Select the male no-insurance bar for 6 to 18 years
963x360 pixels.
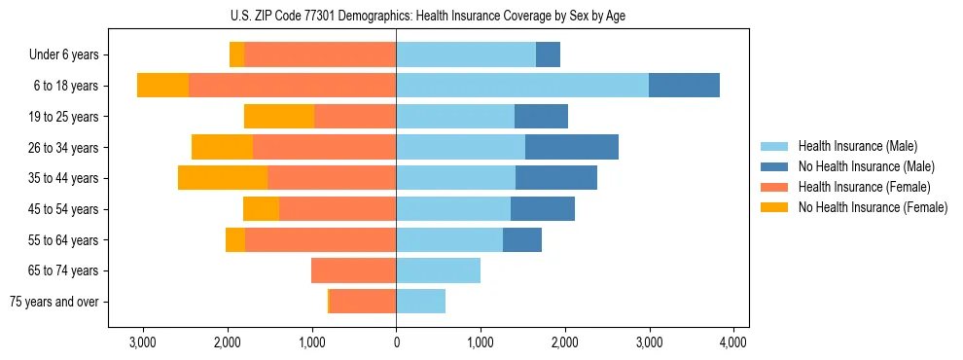point(684,86)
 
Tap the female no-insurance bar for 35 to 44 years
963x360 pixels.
point(223,178)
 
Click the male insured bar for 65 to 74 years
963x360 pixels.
point(438,270)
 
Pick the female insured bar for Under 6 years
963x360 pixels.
point(320,54)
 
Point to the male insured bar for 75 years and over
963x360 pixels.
point(420,302)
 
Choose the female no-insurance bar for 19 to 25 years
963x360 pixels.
point(279,117)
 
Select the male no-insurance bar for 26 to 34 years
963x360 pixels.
point(572,147)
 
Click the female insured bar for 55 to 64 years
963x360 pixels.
point(320,239)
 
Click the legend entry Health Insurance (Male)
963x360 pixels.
point(857,146)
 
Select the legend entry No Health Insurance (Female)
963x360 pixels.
point(873,207)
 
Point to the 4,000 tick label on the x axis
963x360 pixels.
point(733,343)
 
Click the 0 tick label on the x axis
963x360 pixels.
point(396,343)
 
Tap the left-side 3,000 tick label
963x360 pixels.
point(143,343)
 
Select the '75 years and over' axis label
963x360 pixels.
point(53,302)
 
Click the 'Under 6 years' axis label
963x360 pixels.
point(63,55)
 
